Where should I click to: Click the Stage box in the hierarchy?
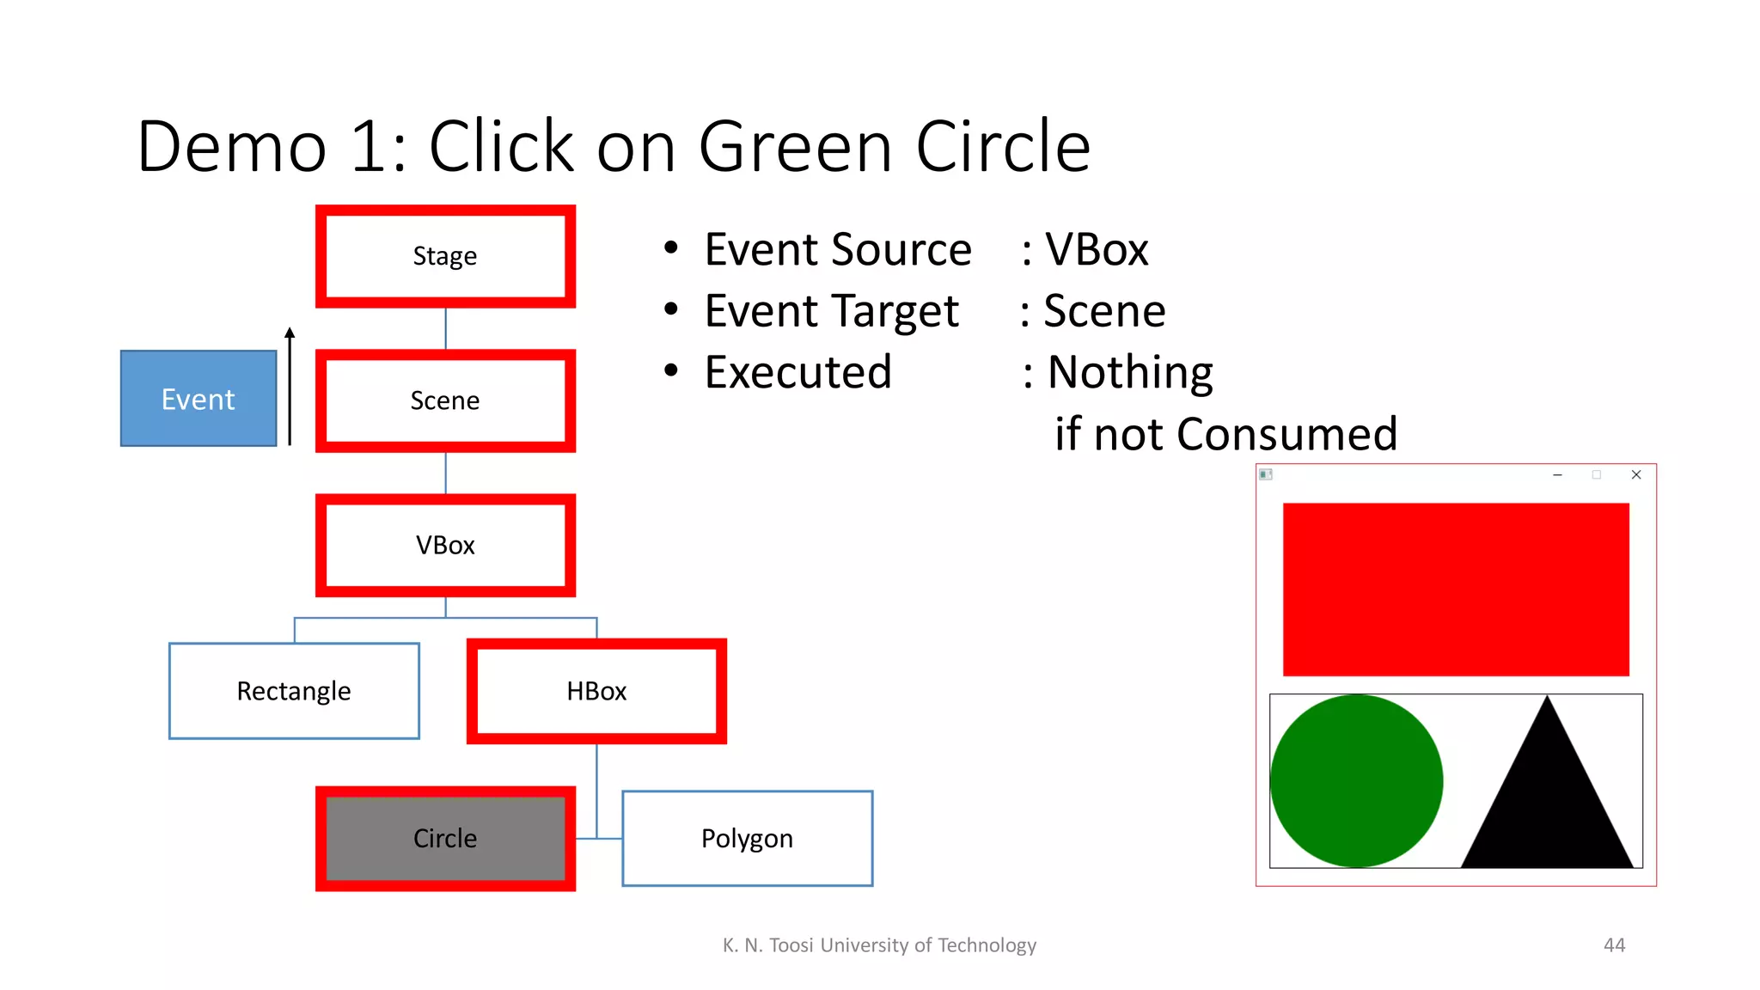445,256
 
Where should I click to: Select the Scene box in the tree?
445,400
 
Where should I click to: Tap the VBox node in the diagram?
445,545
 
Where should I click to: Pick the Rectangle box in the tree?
294,691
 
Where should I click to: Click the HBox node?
596,691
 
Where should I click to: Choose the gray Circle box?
445,838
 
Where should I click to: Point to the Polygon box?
747,838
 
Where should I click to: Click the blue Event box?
199,399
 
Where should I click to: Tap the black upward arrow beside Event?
290,387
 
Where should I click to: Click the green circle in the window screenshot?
1356,780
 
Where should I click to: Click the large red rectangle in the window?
1456,590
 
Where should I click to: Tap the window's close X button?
1636,474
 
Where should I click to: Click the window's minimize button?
1557,474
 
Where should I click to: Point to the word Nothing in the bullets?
1130,373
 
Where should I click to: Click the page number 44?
1614,945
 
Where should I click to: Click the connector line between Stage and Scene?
445,328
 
